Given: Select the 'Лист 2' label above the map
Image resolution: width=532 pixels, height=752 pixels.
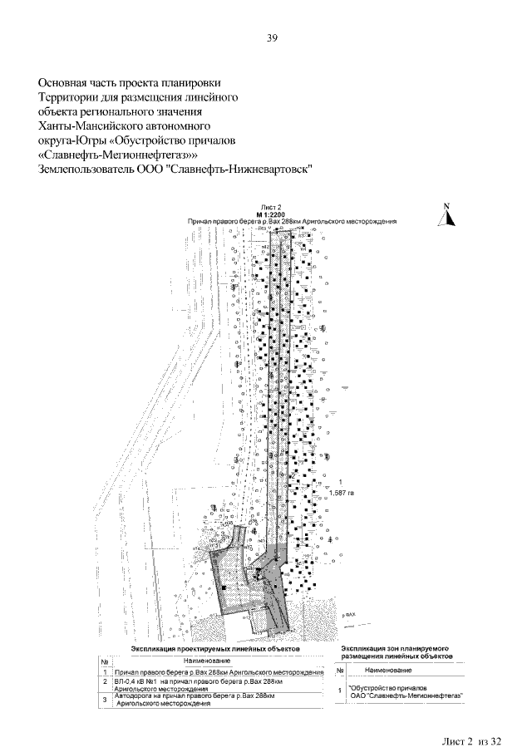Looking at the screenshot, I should pyautogui.click(x=272, y=207).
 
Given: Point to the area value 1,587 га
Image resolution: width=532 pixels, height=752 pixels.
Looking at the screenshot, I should pyautogui.click(x=342, y=493).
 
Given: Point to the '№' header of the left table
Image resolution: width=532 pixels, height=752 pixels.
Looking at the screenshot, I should pyautogui.click(x=105, y=660).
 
